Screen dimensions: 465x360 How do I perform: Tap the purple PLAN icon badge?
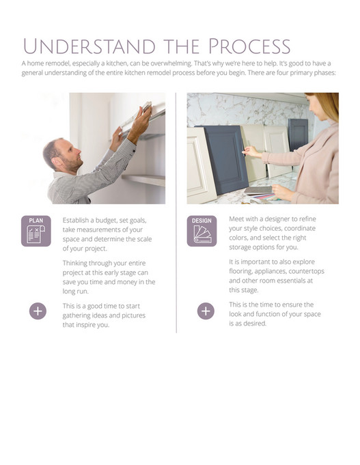coord(36,231)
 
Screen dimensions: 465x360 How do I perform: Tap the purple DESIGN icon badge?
coord(202,231)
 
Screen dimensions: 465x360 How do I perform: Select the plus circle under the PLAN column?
coord(38,311)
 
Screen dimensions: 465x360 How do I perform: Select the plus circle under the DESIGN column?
coord(206,311)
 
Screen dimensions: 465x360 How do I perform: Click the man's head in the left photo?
coord(57,154)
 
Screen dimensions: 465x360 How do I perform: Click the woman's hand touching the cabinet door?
coord(250,150)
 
